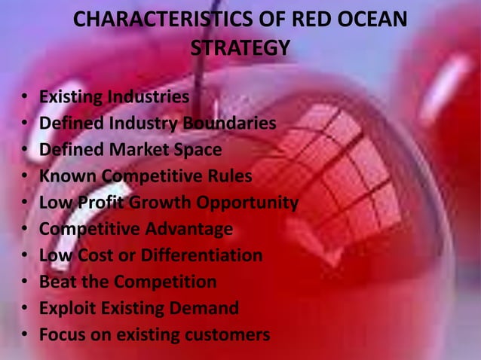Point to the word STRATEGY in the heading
(240, 49)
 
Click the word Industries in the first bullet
(147, 97)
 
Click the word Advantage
(194, 229)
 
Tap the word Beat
(57, 282)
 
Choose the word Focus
(62, 334)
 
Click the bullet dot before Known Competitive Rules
(26, 177)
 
